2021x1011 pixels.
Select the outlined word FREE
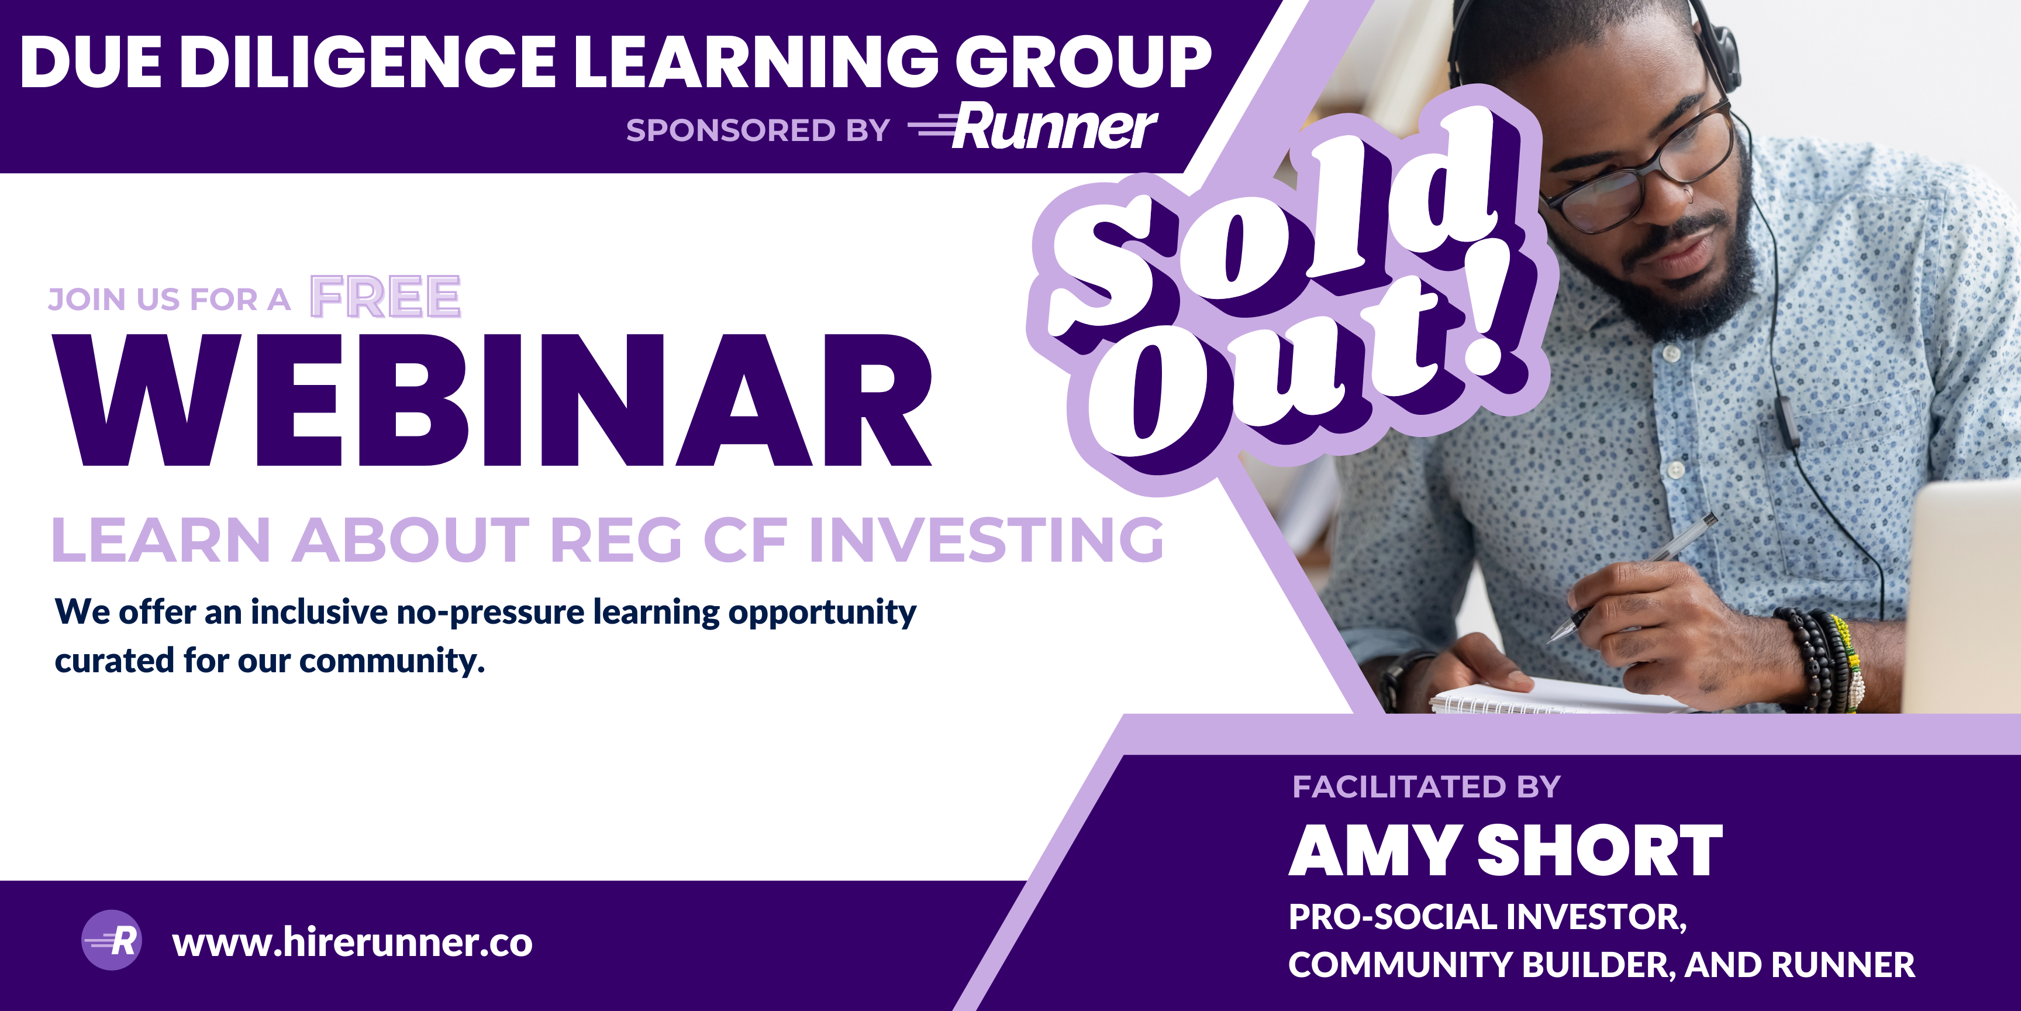pos(385,297)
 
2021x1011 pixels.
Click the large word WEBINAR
pos(492,400)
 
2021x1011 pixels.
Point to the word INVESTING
pos(986,540)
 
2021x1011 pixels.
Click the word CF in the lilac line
pos(746,540)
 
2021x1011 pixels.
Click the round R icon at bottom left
pos(112,940)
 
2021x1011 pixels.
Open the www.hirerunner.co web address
pos(352,942)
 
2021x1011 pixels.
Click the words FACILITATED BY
pos(1426,786)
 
